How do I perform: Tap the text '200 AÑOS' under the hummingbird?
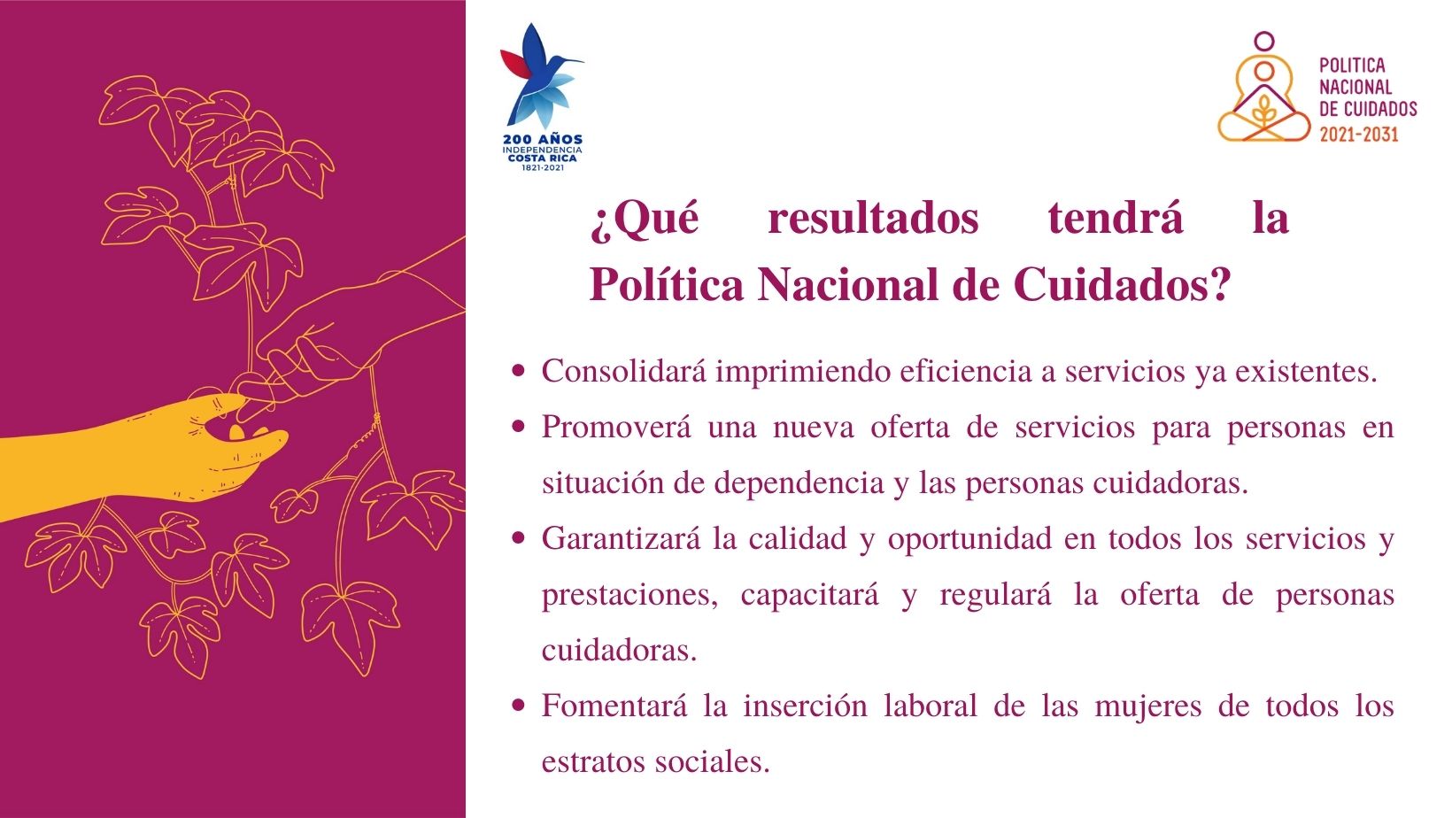tap(543, 139)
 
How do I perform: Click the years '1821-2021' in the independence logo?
tap(543, 168)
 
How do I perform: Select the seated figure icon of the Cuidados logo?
tap(1263, 91)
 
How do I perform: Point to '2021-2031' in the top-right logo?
tap(1359, 135)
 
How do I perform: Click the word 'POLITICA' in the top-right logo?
tap(1352, 65)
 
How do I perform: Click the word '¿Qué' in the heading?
tap(645, 219)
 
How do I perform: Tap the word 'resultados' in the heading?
tap(873, 218)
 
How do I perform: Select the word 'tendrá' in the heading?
tap(1116, 218)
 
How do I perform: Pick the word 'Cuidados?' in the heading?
tap(1122, 284)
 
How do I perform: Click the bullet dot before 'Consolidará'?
tap(518, 371)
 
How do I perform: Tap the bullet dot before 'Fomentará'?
tap(518, 705)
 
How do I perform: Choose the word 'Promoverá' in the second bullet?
tap(616, 428)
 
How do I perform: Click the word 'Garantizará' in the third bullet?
tap(621, 538)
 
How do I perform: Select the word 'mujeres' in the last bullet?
tap(1148, 706)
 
